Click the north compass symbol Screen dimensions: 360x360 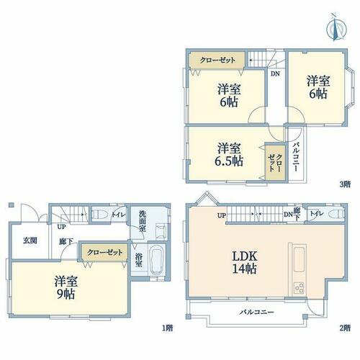click(337, 29)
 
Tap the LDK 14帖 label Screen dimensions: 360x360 click(245, 263)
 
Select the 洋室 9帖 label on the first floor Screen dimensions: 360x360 click(66, 288)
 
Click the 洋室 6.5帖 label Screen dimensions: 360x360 click(229, 155)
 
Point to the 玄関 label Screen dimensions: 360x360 click(30, 240)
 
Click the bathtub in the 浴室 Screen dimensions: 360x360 click(158, 261)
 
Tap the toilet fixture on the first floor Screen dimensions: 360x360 click(100, 214)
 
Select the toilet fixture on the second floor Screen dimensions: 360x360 click(336, 214)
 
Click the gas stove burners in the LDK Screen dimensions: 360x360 click(299, 287)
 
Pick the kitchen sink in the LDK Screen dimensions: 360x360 click(299, 259)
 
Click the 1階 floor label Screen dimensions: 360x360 click(167, 328)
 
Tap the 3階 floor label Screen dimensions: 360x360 click(345, 184)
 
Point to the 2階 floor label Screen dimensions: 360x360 click(345, 328)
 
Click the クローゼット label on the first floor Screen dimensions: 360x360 click(104, 252)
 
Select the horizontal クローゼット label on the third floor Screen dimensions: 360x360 click(217, 60)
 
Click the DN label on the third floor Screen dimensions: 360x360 click(275, 73)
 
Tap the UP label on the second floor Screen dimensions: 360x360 click(222, 215)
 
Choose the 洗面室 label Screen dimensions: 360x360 click(143, 221)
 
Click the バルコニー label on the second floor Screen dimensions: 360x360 click(257, 312)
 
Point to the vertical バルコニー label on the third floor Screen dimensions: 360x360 click(296, 157)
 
